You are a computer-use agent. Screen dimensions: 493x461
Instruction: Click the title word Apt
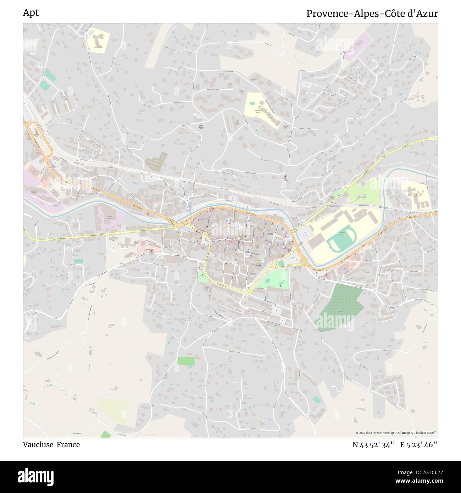pos(31,13)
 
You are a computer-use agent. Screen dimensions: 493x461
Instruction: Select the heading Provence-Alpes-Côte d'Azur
pos(372,13)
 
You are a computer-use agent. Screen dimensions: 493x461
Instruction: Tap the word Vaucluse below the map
pos(38,445)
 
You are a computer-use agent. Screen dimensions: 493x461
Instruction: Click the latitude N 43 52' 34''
pos(374,445)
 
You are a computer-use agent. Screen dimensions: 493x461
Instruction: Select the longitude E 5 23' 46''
pos(419,445)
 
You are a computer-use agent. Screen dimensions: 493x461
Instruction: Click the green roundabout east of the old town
pos(304,262)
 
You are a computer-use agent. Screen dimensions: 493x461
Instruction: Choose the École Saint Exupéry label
pos(260,111)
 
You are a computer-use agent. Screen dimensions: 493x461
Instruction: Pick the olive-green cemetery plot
pos(156,162)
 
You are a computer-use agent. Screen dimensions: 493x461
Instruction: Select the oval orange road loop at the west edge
pos(38,138)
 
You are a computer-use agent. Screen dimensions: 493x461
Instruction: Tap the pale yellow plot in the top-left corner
pos(98,40)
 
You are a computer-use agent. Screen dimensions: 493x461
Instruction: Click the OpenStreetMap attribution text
pos(396,433)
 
